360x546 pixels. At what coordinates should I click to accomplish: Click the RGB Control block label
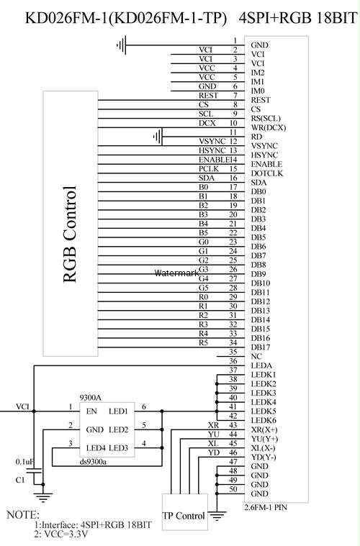70,235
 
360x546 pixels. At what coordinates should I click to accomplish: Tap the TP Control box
185,511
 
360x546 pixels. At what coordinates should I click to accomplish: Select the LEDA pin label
261,365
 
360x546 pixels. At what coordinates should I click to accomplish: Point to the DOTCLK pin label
267,173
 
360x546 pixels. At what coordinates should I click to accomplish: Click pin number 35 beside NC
233,352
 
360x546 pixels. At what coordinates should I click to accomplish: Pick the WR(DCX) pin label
269,128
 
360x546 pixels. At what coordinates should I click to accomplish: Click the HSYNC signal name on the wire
212,150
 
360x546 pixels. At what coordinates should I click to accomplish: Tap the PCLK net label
209,169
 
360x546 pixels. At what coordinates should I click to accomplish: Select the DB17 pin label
261,347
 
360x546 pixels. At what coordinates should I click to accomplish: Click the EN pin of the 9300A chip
91,411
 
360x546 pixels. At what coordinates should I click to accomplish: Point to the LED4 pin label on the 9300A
96,447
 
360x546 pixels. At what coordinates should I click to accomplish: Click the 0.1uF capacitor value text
24,462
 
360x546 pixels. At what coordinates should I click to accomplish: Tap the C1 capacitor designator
20,480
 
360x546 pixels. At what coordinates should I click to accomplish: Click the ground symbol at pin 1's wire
121,45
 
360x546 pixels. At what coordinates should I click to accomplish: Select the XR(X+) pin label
264,429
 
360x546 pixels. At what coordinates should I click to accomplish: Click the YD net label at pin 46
214,452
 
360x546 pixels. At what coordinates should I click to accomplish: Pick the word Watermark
176,273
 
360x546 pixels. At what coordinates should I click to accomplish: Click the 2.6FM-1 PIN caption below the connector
266,507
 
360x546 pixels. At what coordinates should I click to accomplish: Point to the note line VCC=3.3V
61,534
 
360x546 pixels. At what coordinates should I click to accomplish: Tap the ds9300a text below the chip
93,462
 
